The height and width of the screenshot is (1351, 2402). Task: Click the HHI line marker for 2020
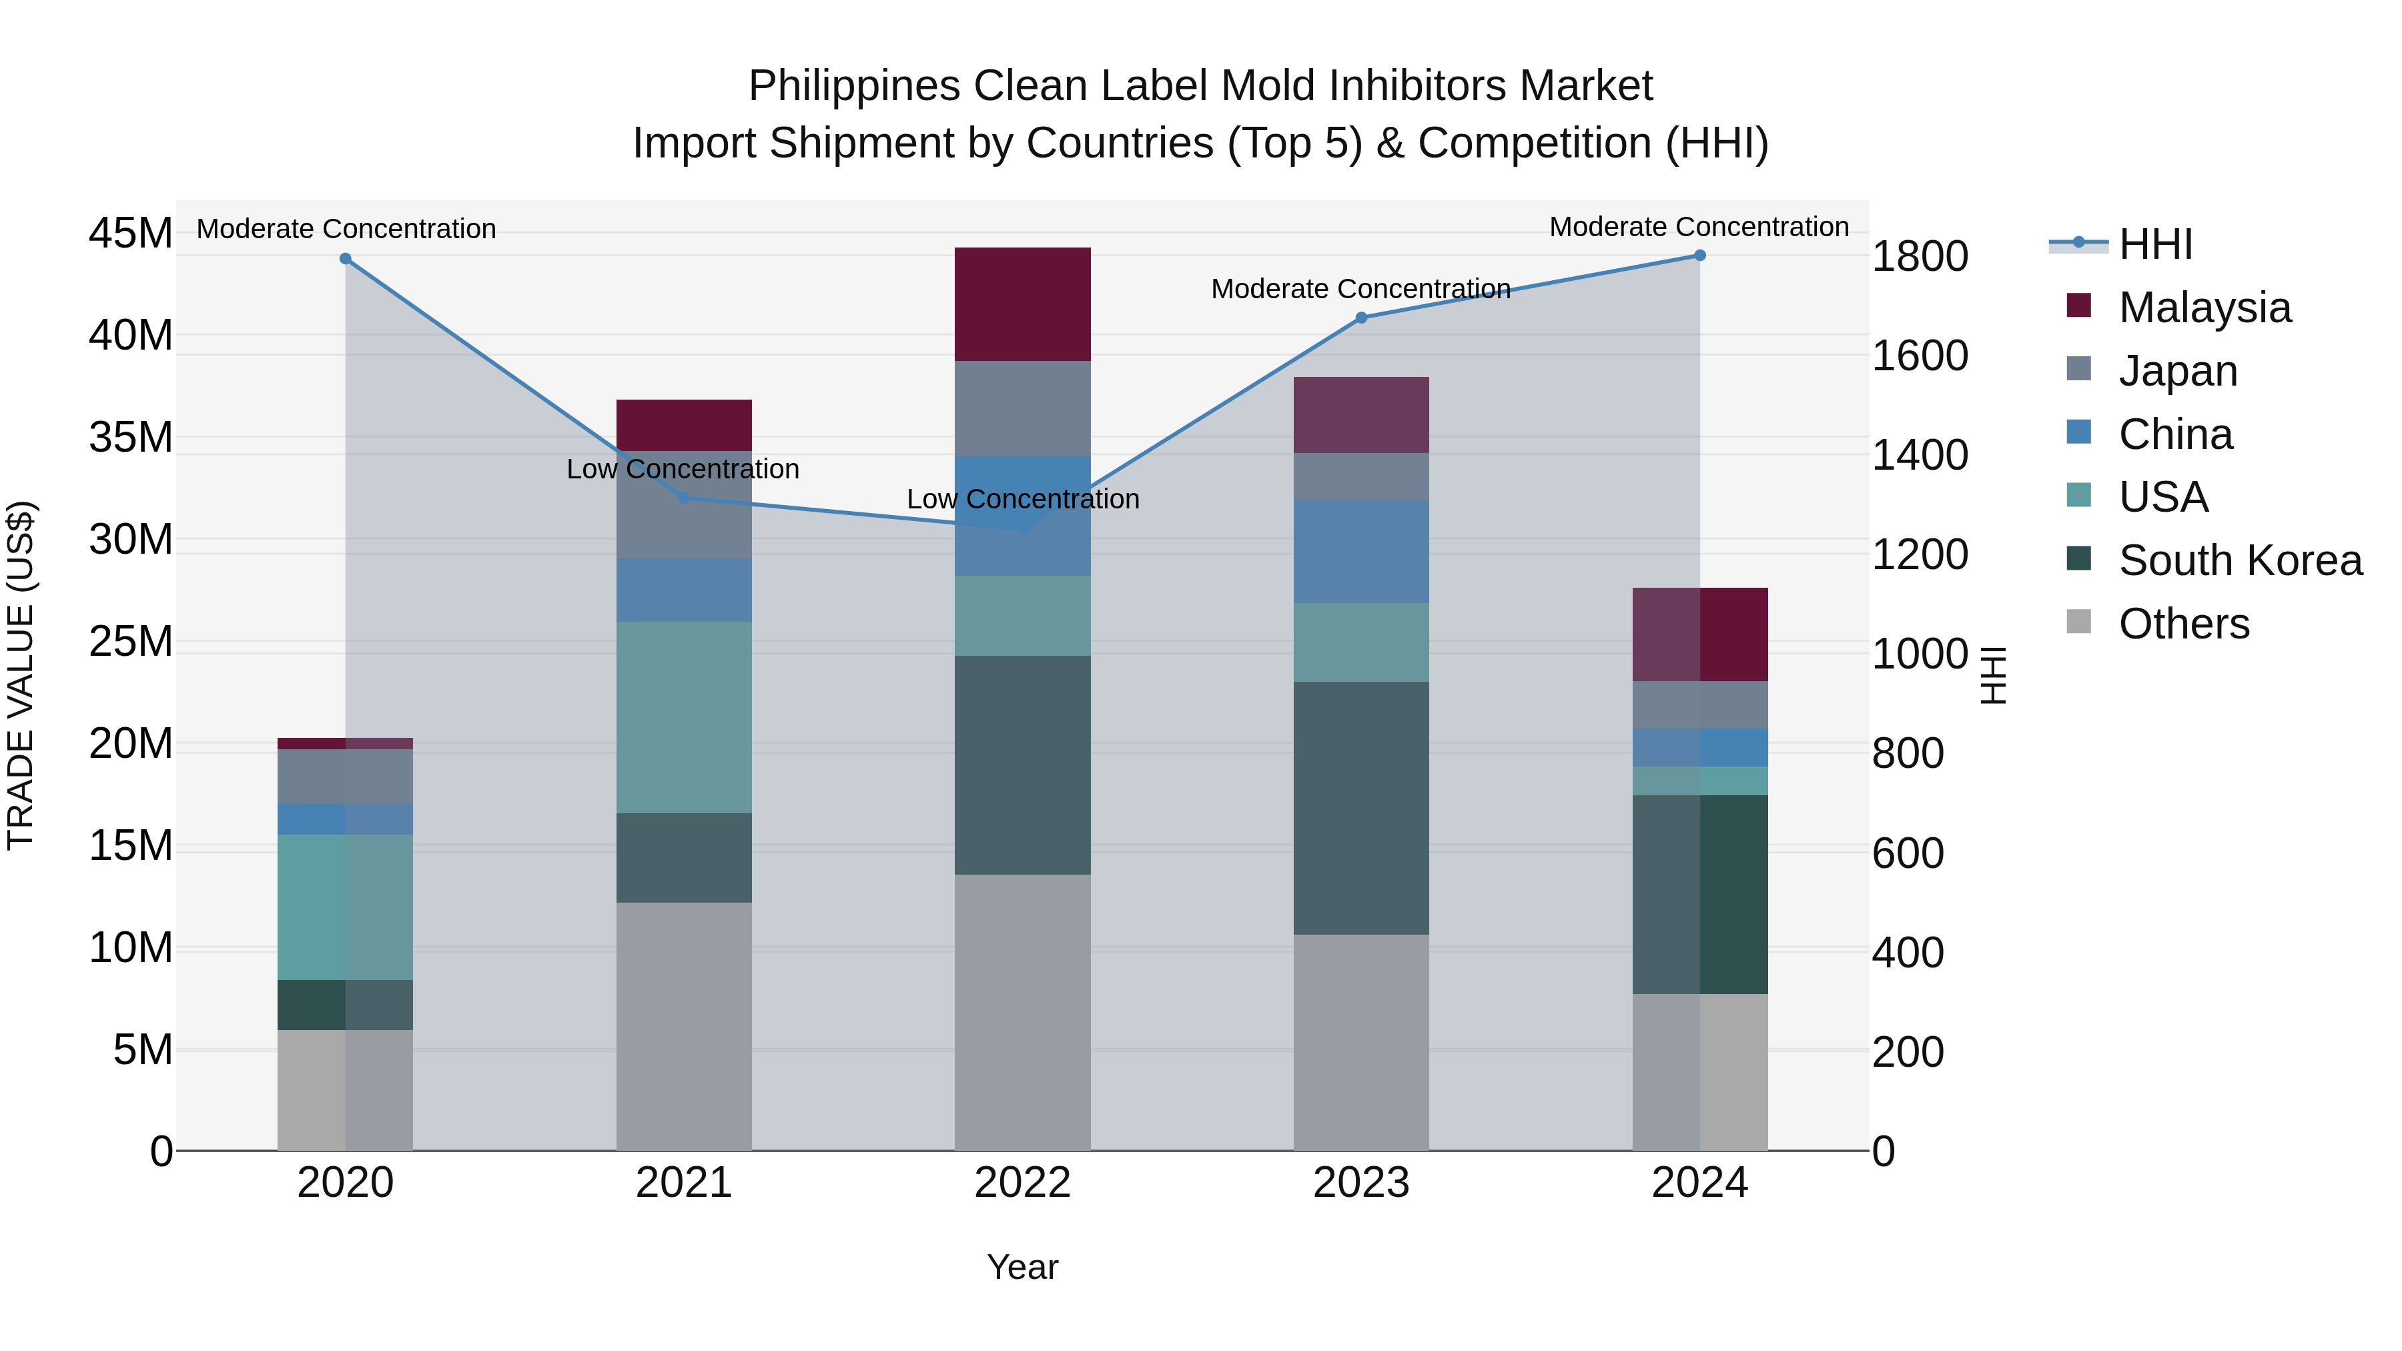pyautogui.click(x=345, y=258)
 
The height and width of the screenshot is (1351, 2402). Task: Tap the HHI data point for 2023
pyautogui.click(x=1360, y=318)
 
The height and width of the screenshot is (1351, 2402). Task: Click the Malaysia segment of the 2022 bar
pyautogui.click(x=1022, y=304)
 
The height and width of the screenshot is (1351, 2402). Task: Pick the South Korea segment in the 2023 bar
pyautogui.click(x=1360, y=807)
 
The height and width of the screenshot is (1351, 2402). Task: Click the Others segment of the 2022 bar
pyautogui.click(x=1022, y=1011)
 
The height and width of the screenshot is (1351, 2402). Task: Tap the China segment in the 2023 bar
pyautogui.click(x=1360, y=551)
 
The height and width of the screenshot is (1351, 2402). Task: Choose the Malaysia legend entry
pyautogui.click(x=2205, y=308)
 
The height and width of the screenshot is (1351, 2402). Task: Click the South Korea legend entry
pyautogui.click(x=2240, y=560)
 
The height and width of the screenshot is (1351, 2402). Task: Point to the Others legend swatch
pyautogui.click(x=2078, y=622)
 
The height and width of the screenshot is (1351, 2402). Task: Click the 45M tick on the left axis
pyautogui.click(x=131, y=233)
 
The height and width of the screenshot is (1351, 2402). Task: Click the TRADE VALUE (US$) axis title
pyautogui.click(x=21, y=675)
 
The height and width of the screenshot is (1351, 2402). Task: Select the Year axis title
pyautogui.click(x=1022, y=1267)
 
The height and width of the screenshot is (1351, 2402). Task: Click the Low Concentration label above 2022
pyautogui.click(x=1022, y=499)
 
